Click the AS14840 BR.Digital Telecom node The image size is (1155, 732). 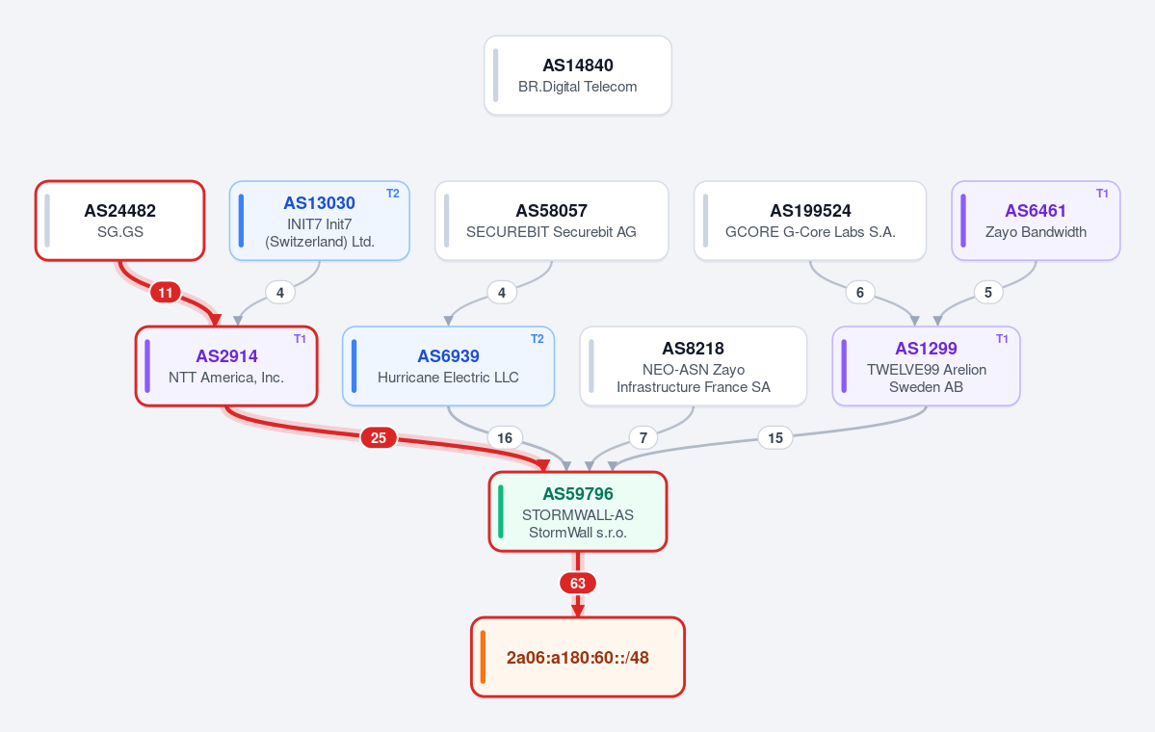[578, 75]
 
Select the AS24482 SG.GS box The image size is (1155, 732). [120, 221]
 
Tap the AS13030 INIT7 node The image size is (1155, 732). [319, 221]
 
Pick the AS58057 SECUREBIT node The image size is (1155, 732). [552, 221]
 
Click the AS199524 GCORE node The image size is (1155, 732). [810, 221]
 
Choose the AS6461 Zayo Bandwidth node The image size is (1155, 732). [1036, 221]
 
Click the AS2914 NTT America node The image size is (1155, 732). [226, 366]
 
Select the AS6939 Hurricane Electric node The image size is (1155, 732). [448, 366]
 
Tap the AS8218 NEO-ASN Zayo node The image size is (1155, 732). [694, 366]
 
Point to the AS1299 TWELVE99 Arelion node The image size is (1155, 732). [926, 366]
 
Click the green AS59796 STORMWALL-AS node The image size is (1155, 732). [578, 511]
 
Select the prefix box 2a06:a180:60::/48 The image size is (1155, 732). [578, 657]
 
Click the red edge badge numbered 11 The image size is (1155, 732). [166, 293]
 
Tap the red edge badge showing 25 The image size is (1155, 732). [379, 438]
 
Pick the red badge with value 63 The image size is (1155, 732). [578, 584]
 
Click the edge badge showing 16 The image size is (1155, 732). [505, 438]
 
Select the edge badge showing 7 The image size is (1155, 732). [643, 438]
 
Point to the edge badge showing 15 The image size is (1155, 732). [774, 438]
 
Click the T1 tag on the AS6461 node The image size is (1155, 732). [1102, 194]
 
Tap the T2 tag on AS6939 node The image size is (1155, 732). [537, 339]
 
